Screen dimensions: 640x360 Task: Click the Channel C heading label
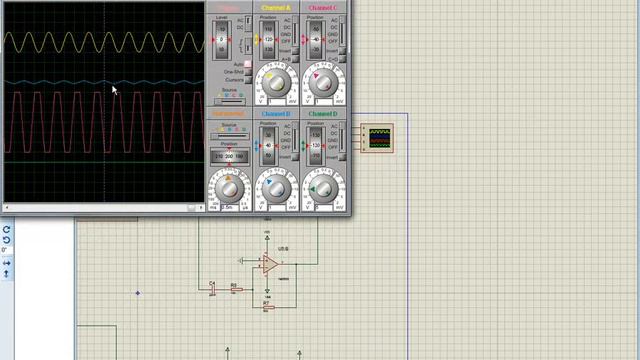coord(322,7)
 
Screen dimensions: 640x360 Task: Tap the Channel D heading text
coord(322,114)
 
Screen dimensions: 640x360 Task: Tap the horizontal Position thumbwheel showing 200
coord(229,156)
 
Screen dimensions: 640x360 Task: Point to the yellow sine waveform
coord(100,42)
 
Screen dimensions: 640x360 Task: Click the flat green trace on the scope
coord(100,161)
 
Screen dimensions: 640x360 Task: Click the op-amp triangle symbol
coord(270,264)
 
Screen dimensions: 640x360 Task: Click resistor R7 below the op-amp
coord(267,306)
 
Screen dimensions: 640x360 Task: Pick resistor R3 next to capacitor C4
coord(234,289)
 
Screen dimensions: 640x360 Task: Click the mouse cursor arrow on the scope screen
coord(114,90)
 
